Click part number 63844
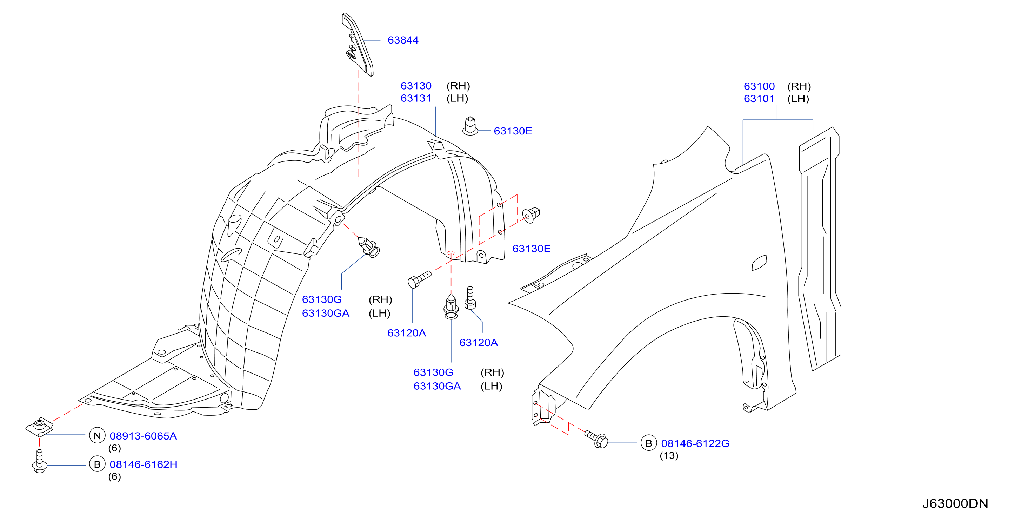(403, 40)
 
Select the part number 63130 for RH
(416, 86)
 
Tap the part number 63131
(416, 98)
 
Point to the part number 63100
(759, 86)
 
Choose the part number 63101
(759, 99)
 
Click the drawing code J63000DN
(955, 503)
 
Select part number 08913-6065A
(143, 436)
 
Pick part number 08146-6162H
(143, 464)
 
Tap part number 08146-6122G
(695, 443)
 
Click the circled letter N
(97, 436)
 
